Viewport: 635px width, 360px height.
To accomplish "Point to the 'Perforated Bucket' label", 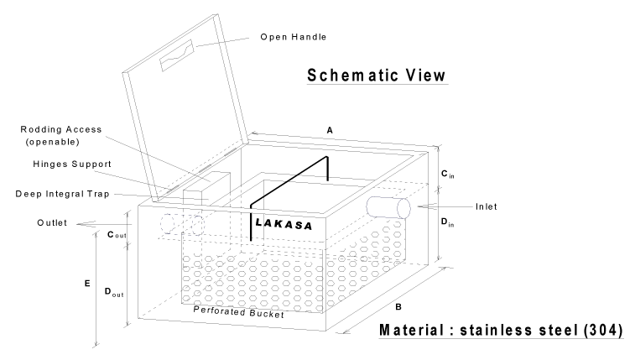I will coord(237,311).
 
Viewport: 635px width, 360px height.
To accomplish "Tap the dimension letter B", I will coord(407,296).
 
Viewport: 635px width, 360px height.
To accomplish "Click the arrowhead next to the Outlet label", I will coord(80,222).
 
